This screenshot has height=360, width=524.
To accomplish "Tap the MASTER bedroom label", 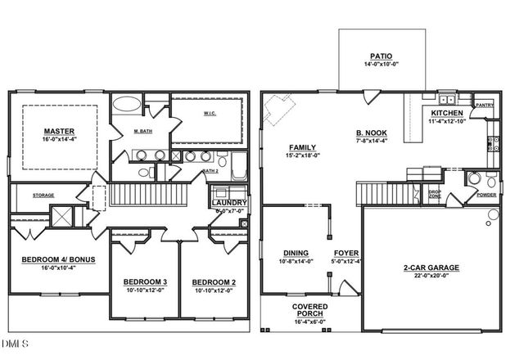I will tap(59, 130).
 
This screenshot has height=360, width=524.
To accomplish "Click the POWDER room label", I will tap(486, 196).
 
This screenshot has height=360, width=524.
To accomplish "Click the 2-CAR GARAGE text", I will tap(431, 268).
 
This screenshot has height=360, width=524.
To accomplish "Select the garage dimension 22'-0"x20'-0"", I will tap(431, 277).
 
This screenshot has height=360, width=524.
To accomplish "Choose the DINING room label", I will tap(296, 253).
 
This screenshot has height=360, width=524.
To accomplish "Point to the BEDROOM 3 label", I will tap(145, 282).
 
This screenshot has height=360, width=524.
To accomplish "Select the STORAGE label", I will tap(43, 196).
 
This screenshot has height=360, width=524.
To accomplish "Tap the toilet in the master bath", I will tap(143, 173).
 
